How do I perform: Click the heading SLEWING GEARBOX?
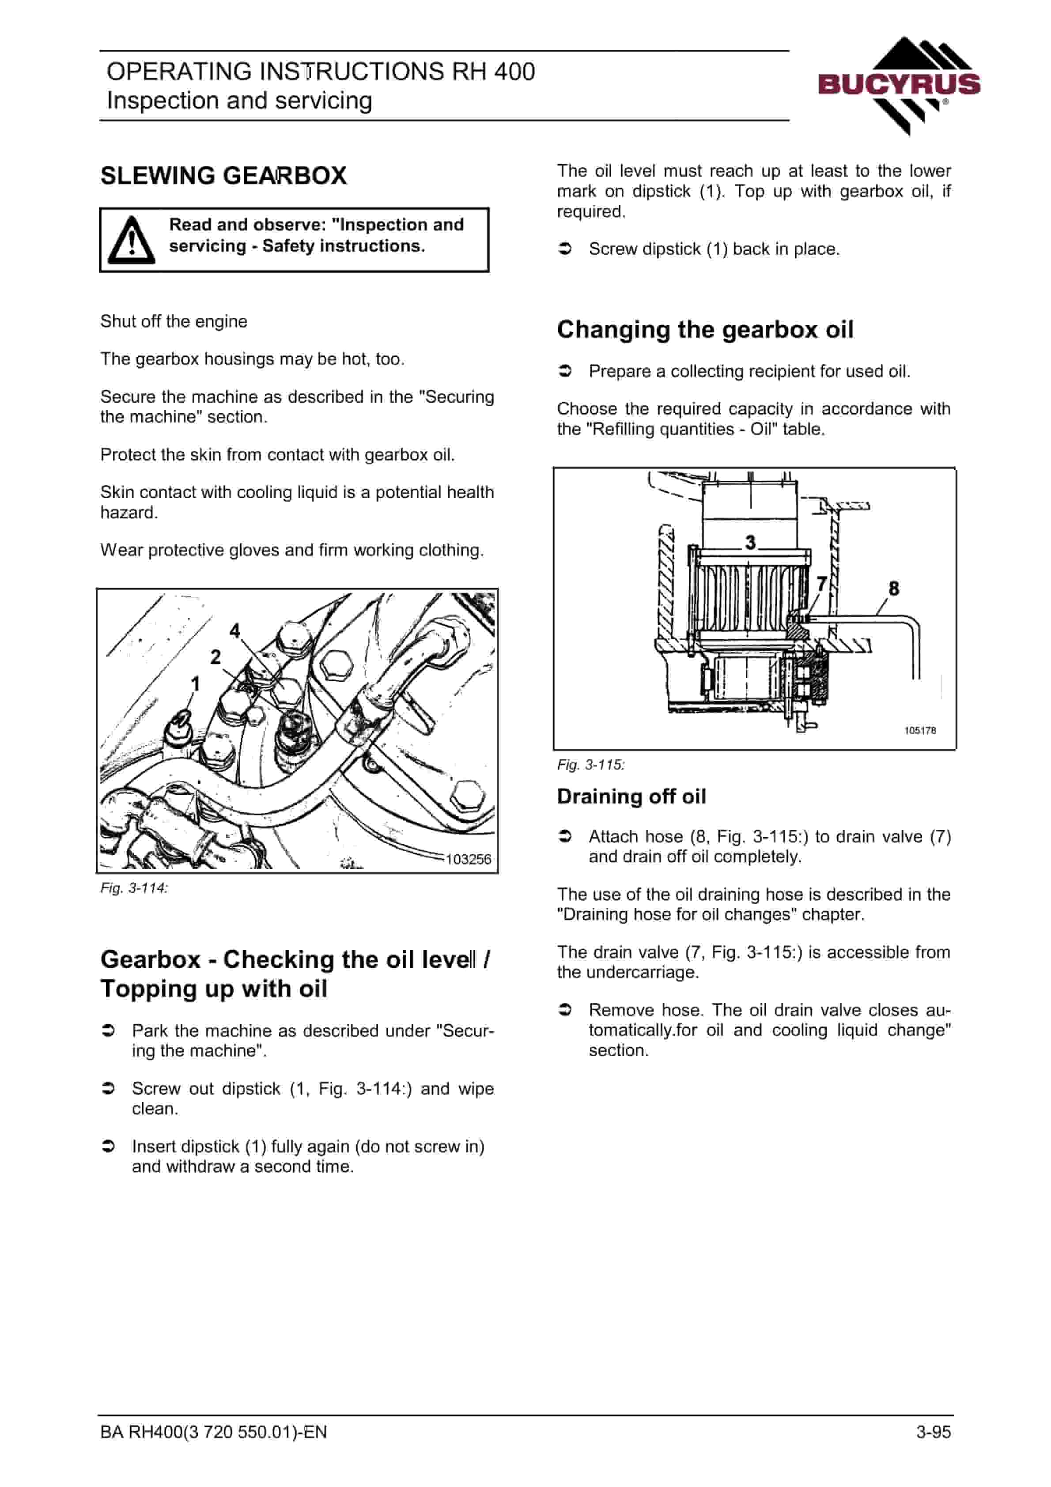point(223,176)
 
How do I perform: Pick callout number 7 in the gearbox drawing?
point(822,584)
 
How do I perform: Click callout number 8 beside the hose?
point(894,588)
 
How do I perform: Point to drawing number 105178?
point(920,731)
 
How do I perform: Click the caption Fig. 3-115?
point(591,765)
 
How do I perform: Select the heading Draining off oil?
point(631,796)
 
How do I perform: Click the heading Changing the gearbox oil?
point(705,330)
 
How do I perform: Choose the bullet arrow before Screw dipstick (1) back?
point(565,249)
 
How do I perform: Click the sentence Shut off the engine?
point(174,321)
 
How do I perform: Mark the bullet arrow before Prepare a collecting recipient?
point(565,371)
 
